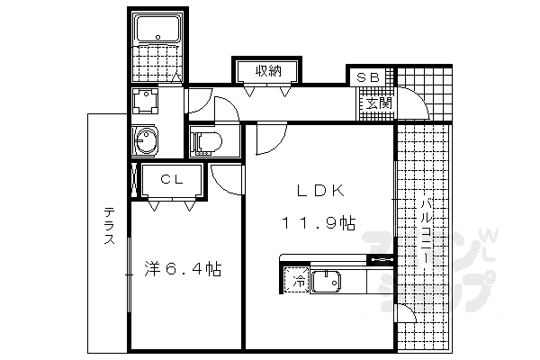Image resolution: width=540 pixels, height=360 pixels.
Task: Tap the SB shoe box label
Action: click(x=367, y=77)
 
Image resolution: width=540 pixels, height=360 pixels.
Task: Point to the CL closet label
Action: click(x=172, y=179)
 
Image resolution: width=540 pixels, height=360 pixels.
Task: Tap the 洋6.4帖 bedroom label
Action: click(x=184, y=268)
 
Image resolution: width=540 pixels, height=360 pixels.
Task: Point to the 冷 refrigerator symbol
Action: click(x=296, y=280)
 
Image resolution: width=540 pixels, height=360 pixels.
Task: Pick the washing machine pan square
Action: click(x=144, y=99)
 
